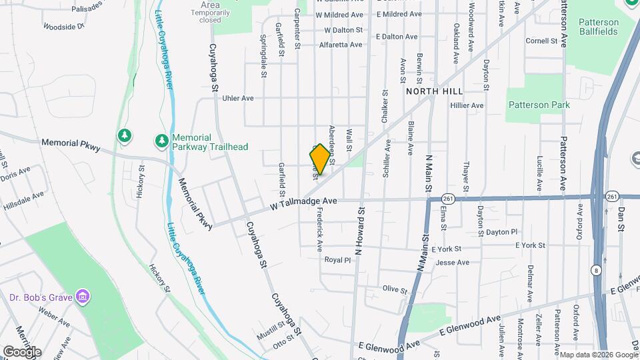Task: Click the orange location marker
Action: (x=320, y=159)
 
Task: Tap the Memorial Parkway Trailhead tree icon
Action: (x=161, y=141)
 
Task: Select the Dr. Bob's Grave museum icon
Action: (x=82, y=296)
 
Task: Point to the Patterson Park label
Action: (x=539, y=105)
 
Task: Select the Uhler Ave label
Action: (x=237, y=98)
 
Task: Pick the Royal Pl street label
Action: (x=337, y=259)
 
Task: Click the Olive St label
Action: (x=395, y=289)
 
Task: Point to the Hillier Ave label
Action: (x=467, y=105)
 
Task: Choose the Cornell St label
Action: (x=541, y=41)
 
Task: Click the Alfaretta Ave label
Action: (x=340, y=45)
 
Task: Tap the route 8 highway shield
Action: (x=595, y=269)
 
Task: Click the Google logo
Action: (x=22, y=351)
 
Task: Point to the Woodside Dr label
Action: (x=64, y=27)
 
